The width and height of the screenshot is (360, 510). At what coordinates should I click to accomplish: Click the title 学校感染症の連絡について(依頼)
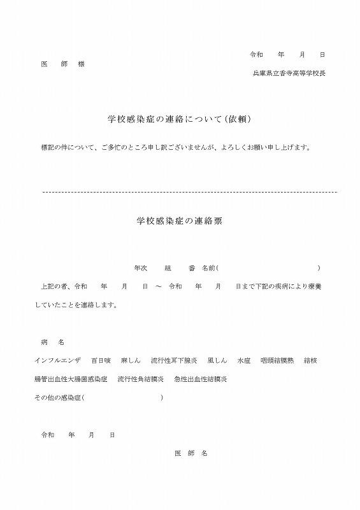182,119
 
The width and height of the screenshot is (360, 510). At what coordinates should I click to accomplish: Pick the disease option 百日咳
101,360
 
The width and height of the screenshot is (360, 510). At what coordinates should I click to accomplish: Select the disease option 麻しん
131,360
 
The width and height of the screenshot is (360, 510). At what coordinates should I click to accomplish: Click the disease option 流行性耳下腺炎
170,360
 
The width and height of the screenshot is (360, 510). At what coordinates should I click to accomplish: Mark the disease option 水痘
243,360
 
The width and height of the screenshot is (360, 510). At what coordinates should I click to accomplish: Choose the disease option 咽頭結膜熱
276,360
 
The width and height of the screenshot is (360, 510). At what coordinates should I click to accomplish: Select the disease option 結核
311,360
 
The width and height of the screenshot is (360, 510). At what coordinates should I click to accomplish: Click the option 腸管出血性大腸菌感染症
71,379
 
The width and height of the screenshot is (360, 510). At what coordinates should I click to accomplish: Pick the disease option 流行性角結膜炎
141,379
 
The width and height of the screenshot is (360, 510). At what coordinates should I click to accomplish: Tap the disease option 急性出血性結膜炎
201,379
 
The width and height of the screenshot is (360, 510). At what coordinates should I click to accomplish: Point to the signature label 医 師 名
191,453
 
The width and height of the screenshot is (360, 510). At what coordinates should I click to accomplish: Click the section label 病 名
52,342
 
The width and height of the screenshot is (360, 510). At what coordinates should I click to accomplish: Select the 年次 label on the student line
140,268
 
